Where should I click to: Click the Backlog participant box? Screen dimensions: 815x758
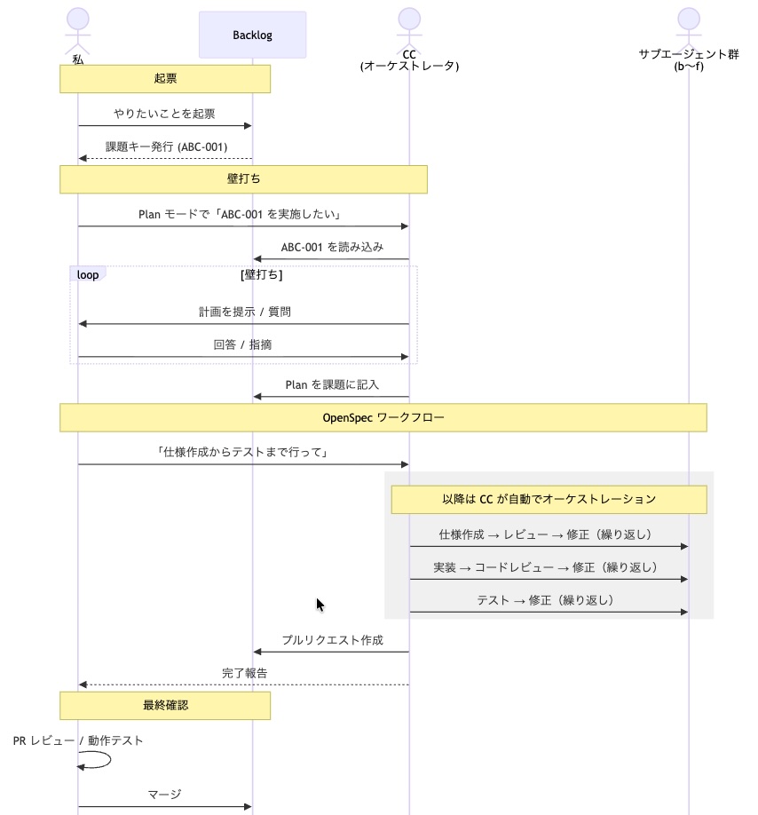coord(252,35)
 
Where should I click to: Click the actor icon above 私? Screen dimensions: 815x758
coord(78,27)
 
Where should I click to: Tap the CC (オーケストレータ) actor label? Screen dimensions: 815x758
coord(409,60)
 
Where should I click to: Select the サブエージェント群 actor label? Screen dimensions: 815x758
coord(688,60)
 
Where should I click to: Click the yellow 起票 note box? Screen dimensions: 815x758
coord(165,79)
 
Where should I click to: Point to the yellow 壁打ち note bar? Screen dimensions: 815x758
coord(243,179)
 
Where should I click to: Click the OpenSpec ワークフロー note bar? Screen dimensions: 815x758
coord(383,417)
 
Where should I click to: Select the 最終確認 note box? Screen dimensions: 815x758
coord(165,706)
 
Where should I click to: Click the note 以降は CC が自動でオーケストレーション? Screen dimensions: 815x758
coord(549,499)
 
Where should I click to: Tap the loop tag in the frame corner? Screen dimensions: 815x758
coord(88,274)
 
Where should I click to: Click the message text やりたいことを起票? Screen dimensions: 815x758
coord(164,114)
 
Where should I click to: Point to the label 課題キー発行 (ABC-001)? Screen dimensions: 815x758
coord(166,146)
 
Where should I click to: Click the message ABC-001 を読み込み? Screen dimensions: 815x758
coord(332,248)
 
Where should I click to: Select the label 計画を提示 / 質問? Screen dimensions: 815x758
coord(243,313)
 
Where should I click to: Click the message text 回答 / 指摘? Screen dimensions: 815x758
coord(243,345)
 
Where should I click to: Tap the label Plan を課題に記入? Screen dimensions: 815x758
coord(332,384)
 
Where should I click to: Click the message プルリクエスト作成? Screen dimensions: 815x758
coord(332,640)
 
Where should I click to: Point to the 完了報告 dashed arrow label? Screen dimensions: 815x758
coord(244,673)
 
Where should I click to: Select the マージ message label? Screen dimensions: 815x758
coord(165,795)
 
